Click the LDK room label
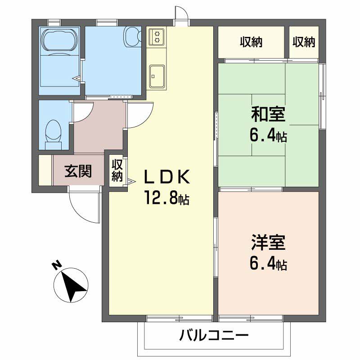point(166,178)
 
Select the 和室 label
point(268,115)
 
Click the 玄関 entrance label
point(78,171)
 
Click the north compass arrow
point(71,286)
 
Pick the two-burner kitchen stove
point(157,36)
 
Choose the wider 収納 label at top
point(251,43)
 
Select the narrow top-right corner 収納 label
point(304,43)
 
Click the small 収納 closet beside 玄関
point(117,170)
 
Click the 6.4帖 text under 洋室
point(268,264)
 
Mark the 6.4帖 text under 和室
point(268,135)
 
